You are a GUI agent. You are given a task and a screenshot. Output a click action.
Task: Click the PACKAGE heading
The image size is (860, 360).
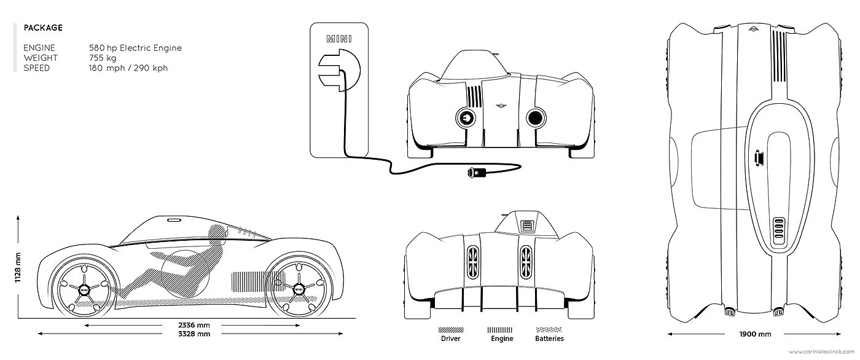click(x=42, y=28)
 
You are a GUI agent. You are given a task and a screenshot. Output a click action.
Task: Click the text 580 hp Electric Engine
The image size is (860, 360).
click(x=135, y=47)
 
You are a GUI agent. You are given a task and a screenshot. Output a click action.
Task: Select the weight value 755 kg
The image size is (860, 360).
click(x=102, y=58)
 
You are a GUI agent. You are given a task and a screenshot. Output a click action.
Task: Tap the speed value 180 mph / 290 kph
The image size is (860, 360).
click(x=128, y=68)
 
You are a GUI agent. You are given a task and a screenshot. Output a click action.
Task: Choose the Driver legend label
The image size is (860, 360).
click(x=451, y=338)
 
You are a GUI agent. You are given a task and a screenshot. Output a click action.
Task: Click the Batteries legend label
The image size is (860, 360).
click(x=549, y=338)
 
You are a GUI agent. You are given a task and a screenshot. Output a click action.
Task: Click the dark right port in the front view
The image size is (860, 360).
click(x=535, y=117)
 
